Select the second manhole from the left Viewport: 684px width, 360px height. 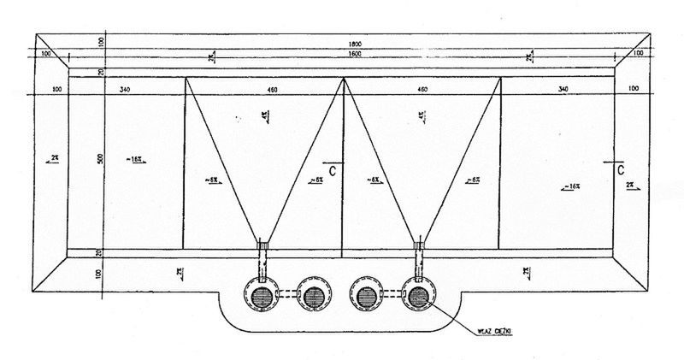point(310,296)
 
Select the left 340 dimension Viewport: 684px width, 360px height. point(125,88)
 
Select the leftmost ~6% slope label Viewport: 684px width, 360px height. point(213,180)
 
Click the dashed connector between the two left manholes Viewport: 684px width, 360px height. point(287,296)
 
